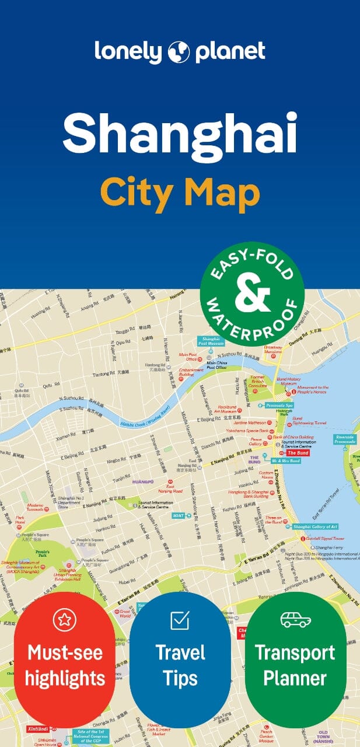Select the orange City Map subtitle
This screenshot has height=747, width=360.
pyautogui.click(x=180, y=193)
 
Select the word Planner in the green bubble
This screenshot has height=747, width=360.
pyautogui.click(x=295, y=678)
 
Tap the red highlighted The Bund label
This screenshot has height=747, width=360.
pyautogui.click(x=297, y=453)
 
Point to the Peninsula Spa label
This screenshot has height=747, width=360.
pyautogui.click(x=280, y=405)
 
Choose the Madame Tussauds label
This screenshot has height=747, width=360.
pyautogui.click(x=34, y=508)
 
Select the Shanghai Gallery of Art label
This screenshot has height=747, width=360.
pyautogui.click(x=316, y=527)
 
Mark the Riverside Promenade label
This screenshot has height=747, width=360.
pyautogui.click(x=345, y=438)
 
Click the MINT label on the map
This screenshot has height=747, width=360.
pyautogui.click(x=178, y=516)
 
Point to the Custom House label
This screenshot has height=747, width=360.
pyautogui.click(x=266, y=474)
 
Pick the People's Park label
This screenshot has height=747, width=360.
pyautogui.click(x=42, y=550)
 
